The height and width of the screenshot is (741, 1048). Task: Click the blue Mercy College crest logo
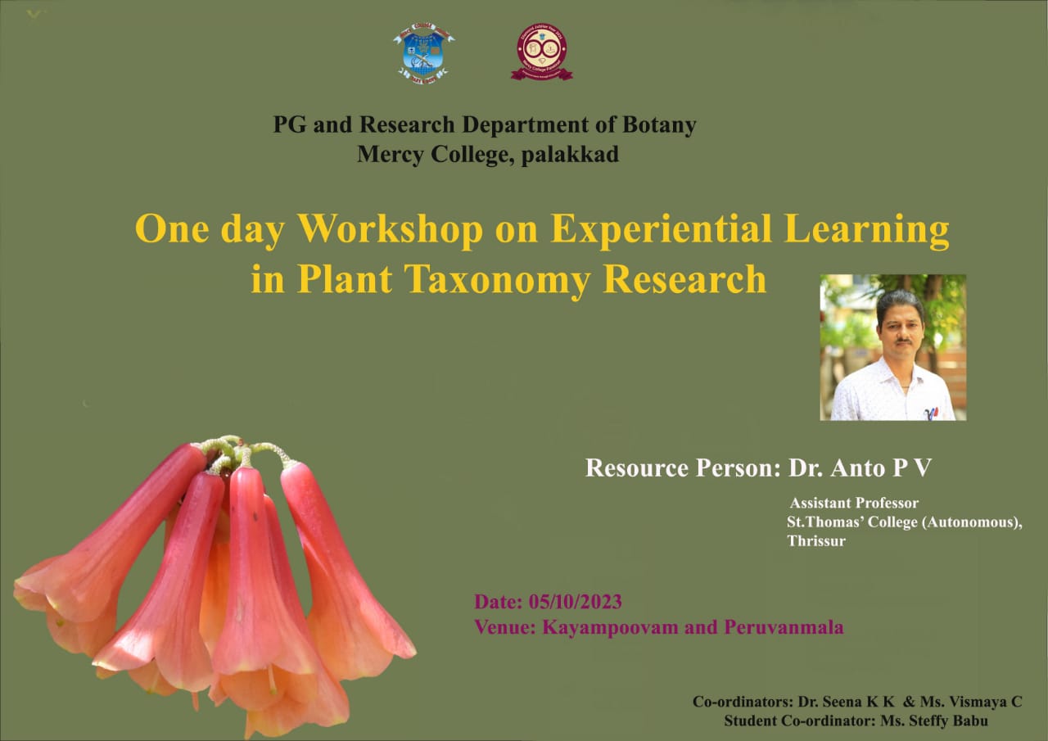point(424,53)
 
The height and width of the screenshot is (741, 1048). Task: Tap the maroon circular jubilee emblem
point(542,52)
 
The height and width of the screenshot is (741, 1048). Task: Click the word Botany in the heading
point(659,125)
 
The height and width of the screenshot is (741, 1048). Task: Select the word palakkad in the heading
point(570,155)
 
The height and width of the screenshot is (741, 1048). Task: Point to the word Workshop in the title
point(391,229)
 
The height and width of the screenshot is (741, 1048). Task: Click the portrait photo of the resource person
point(893,348)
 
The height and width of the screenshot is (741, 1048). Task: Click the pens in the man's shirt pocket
point(932,413)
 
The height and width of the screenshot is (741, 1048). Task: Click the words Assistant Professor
point(854,503)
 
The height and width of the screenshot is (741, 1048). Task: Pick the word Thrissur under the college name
point(816,541)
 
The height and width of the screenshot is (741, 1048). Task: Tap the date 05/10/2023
point(575,602)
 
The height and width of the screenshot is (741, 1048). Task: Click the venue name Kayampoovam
point(610,628)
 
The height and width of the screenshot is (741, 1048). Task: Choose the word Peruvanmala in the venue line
point(784,627)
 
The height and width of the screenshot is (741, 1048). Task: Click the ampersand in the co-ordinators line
point(909,702)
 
